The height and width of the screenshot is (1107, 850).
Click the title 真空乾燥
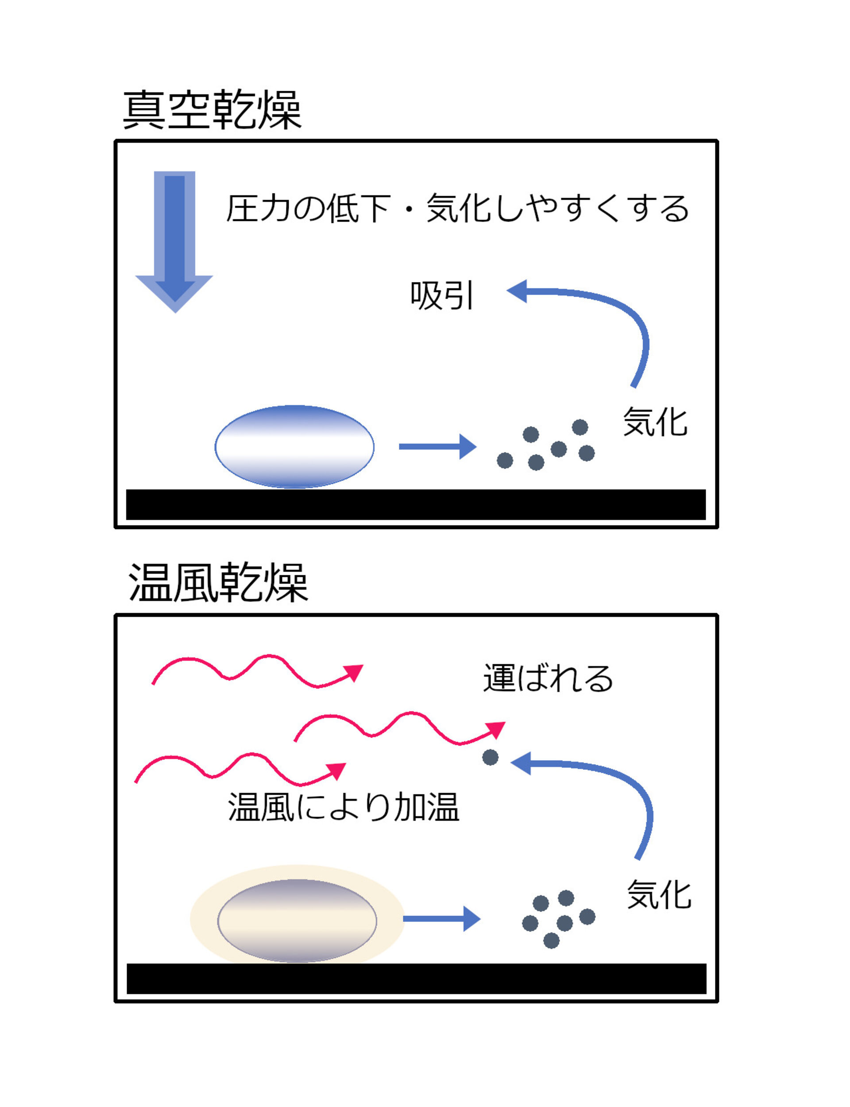pyautogui.click(x=212, y=110)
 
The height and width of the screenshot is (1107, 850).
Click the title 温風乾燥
pyautogui.click(x=218, y=583)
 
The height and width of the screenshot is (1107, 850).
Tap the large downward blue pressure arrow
pyautogui.click(x=174, y=238)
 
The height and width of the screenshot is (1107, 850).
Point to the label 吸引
pyautogui.click(x=442, y=295)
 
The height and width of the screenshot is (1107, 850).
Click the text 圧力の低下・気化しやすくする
pyautogui.click(x=457, y=209)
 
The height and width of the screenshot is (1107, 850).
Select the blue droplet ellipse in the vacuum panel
pyautogui.click(x=294, y=447)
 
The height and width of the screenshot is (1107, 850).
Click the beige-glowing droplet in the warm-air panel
pyautogui.click(x=297, y=920)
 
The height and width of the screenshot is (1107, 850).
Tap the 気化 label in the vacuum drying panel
pyautogui.click(x=655, y=422)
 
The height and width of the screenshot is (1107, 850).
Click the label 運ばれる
pyautogui.click(x=548, y=678)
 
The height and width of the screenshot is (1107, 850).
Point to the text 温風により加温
pyautogui.click(x=344, y=806)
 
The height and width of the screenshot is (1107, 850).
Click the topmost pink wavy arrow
pyautogui.click(x=258, y=671)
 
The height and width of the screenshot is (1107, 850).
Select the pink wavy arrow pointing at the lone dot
pyautogui.click(x=400, y=728)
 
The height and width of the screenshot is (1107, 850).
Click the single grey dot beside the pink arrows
pyautogui.click(x=490, y=757)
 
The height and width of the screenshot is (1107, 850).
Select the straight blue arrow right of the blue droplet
pyautogui.click(x=437, y=446)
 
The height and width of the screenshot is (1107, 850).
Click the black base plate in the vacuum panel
pyautogui.click(x=416, y=504)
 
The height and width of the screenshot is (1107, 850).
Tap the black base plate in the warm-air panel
pyautogui.click(x=416, y=979)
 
